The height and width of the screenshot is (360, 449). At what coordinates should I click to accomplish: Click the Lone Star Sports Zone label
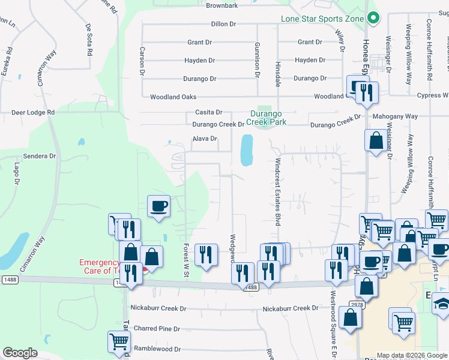[x=323, y=19]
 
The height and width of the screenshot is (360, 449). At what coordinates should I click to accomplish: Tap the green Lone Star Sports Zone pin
[x=373, y=19]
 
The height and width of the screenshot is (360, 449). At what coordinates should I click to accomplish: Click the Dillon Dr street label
[x=224, y=24]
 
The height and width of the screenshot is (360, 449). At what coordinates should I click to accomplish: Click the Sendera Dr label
[x=40, y=155]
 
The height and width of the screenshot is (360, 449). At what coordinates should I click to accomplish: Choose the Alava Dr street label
[x=204, y=139]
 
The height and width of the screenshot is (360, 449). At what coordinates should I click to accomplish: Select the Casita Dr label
[x=209, y=112]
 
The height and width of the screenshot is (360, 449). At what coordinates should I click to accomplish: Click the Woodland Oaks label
[x=173, y=97]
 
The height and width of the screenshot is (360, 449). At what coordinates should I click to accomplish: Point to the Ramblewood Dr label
[x=157, y=349]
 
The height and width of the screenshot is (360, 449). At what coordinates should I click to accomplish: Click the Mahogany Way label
[x=394, y=116]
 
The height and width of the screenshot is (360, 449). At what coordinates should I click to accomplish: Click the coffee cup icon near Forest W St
[x=159, y=206]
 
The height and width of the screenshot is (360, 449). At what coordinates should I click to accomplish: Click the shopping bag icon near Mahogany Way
[x=376, y=141]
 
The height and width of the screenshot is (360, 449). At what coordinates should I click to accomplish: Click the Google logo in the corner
[x=20, y=353]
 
